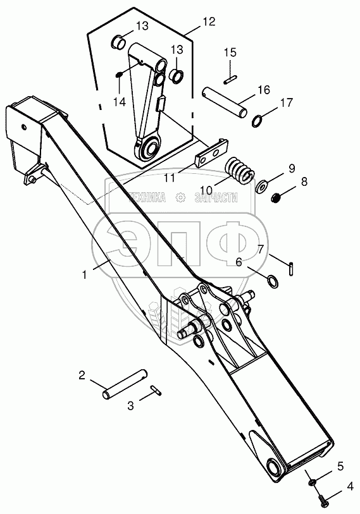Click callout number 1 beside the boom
pyautogui.click(x=85, y=274)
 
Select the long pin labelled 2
pyautogui.click(x=125, y=384)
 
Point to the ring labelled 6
pyautogui.click(x=273, y=281)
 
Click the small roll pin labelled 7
pyautogui.click(x=292, y=270)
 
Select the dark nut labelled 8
pyautogui.click(x=276, y=197)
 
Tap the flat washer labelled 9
pyautogui.click(x=261, y=187)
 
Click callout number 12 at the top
pyautogui.click(x=209, y=21)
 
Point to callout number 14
pyautogui.click(x=120, y=102)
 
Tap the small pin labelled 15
pyautogui.click(x=231, y=80)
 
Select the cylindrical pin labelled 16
pyautogui.click(x=224, y=102)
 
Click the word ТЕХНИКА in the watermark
pyautogui.click(x=147, y=198)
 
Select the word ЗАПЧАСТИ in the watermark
pyautogui.click(x=216, y=198)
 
